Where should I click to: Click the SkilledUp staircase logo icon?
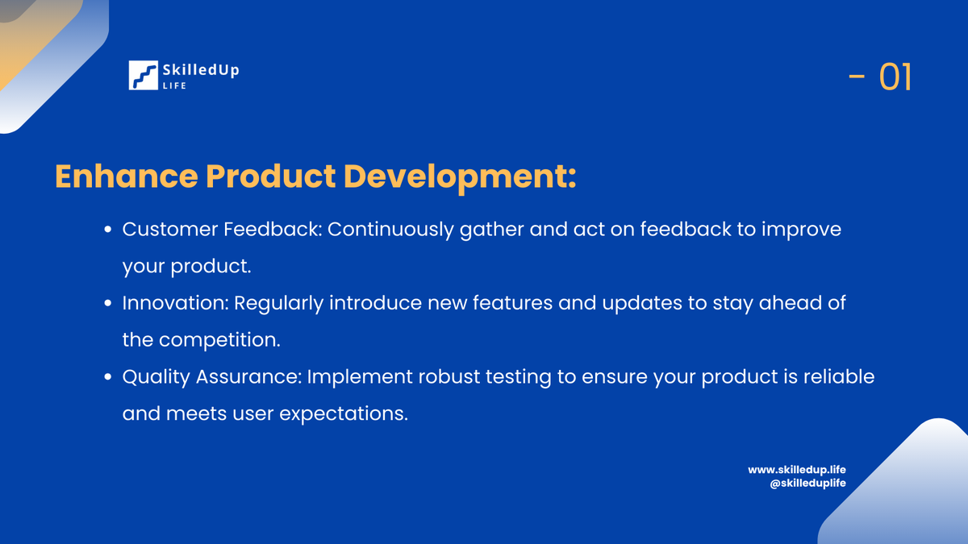(143, 75)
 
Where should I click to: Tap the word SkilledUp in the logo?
(201, 70)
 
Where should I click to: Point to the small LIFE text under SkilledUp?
(174, 85)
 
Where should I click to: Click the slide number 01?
(895, 77)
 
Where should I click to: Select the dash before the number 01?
(857, 77)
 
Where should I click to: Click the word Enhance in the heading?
(127, 176)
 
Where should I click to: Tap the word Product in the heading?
(270, 176)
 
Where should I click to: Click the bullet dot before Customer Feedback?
(108, 229)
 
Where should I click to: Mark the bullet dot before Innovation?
(108, 303)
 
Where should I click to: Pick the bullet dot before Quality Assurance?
(108, 377)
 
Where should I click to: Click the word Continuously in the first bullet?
(390, 230)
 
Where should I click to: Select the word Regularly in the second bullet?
(279, 304)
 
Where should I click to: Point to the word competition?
(219, 341)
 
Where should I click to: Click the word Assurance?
(248, 377)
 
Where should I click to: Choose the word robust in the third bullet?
(449, 377)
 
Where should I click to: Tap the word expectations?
(344, 414)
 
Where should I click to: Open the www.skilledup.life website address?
(797, 470)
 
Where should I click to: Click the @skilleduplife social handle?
(807, 483)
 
